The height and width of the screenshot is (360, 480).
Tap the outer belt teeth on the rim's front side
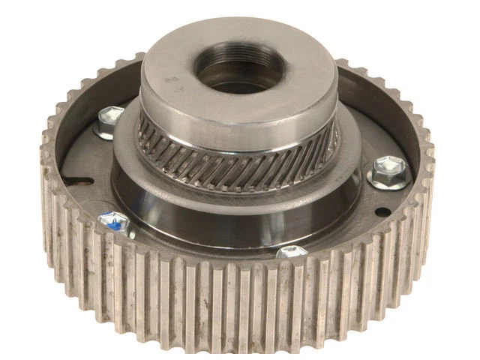click(x=225, y=300)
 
